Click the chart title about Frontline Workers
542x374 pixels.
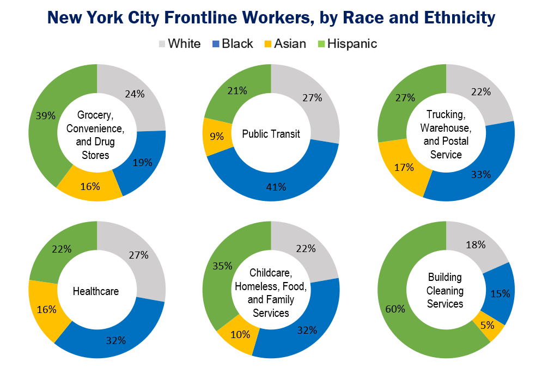pyautogui.click(x=271, y=18)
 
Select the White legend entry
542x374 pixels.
pyautogui.click(x=179, y=44)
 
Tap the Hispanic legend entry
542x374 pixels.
pyautogui.click(x=347, y=44)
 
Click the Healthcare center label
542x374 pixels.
pyautogui.click(x=96, y=291)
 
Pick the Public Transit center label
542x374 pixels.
pyautogui.click(x=271, y=133)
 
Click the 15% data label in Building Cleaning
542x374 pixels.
pyautogui.click(x=500, y=294)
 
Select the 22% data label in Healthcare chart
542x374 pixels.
pyautogui.click(x=62, y=249)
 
